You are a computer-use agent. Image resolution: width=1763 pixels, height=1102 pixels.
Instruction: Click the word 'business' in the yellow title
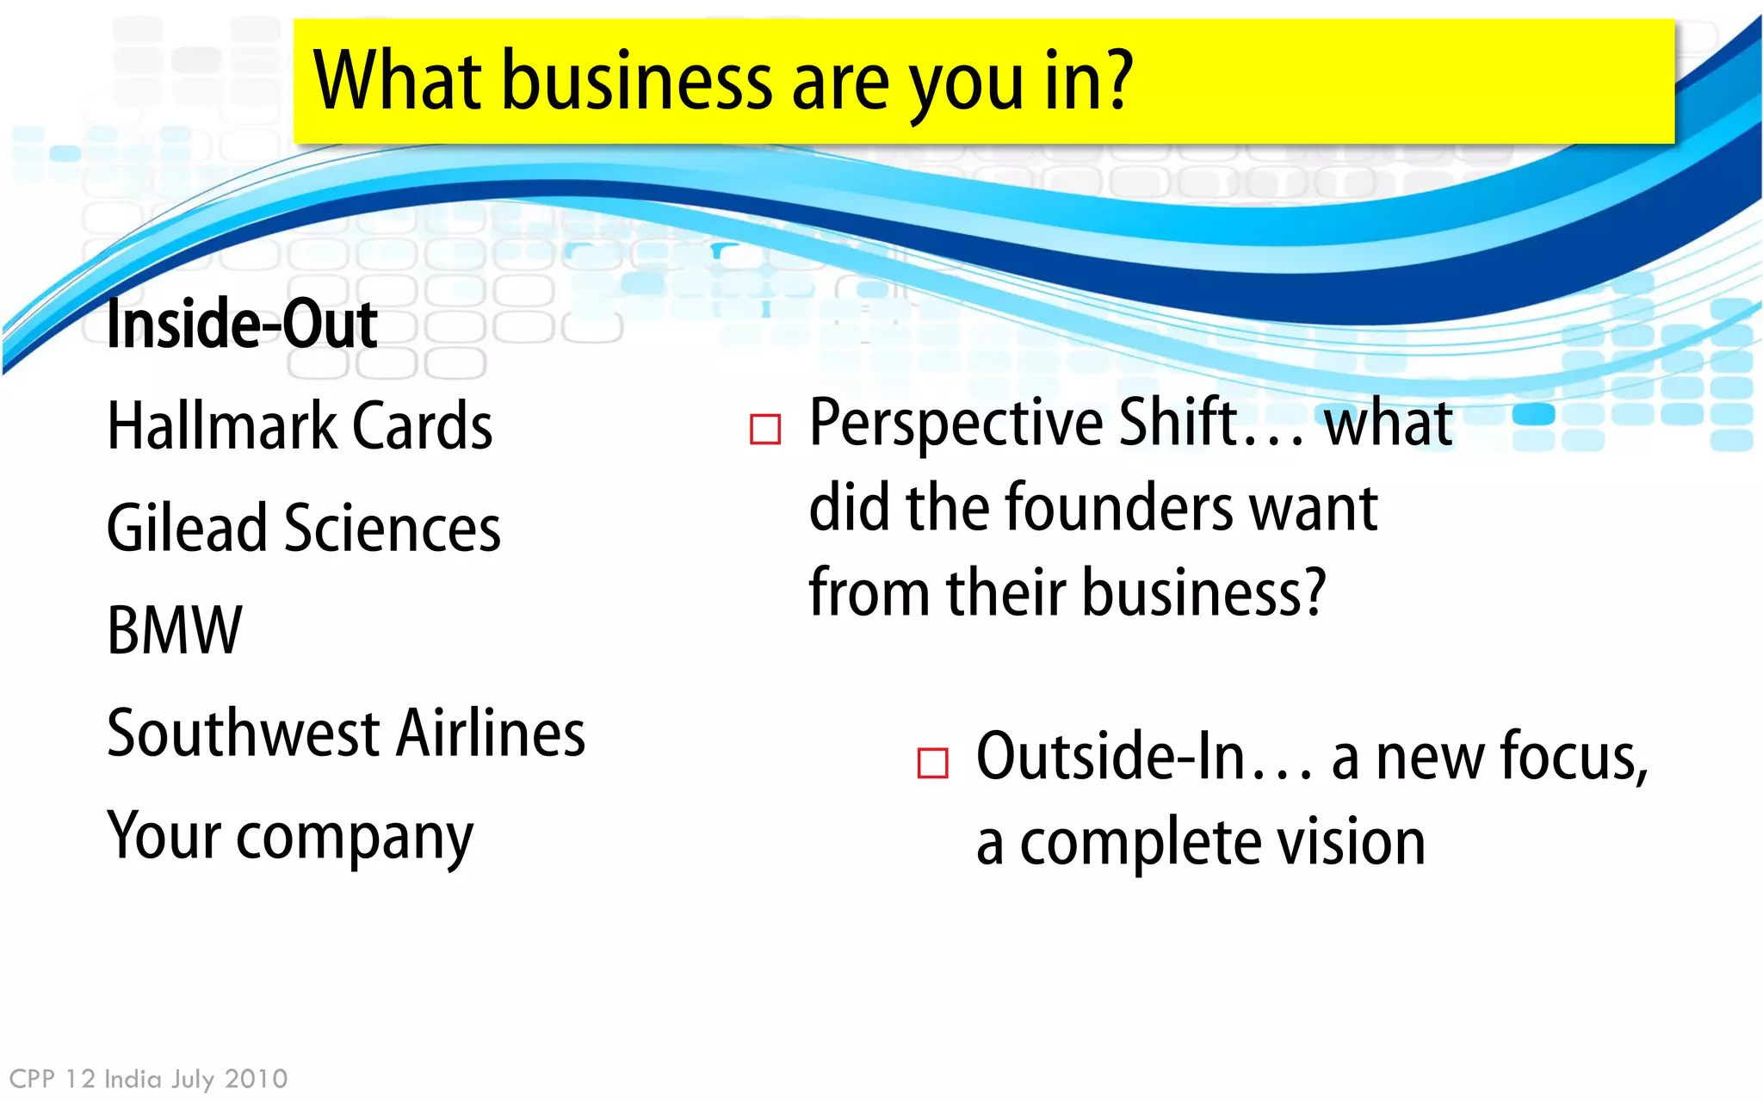637,82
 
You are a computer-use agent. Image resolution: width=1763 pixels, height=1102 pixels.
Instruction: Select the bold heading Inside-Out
242,325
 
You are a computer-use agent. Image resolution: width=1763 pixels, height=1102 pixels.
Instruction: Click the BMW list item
175,630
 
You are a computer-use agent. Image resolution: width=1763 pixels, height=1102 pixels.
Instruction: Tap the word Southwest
244,733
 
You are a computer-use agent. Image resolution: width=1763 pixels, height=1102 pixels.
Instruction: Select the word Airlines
492,733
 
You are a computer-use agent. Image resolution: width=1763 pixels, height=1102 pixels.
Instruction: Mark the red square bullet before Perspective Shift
765,429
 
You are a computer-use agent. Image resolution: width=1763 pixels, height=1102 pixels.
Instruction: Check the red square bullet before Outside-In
932,763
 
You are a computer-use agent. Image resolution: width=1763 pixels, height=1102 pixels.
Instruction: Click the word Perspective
956,424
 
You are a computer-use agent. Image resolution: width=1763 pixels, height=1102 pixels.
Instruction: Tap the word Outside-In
1110,756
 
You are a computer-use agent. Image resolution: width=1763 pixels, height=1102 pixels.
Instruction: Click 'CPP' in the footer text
32,1079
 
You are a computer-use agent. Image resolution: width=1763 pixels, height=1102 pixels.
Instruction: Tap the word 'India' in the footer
133,1079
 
